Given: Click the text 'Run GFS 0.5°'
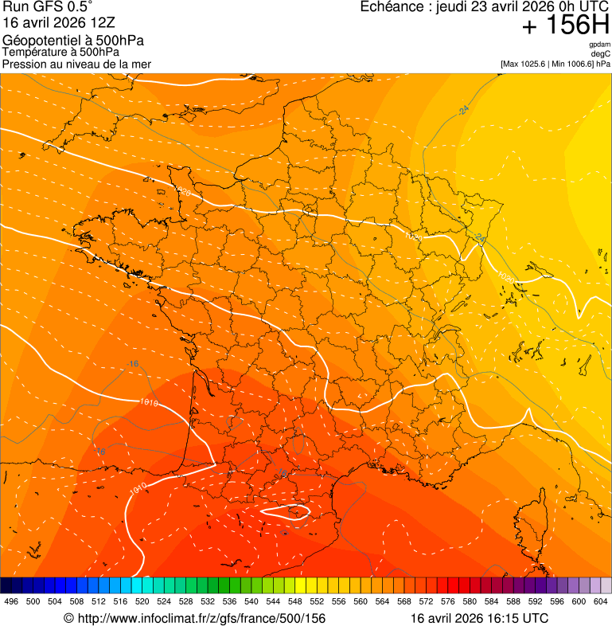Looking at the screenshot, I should (x=48, y=8).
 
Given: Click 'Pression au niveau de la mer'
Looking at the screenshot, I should (x=76, y=64).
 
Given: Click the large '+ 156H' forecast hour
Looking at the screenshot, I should (x=566, y=25).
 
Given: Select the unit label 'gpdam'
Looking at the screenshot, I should (x=599, y=45).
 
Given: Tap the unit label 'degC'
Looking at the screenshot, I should (x=601, y=53).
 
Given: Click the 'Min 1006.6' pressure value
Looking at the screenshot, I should (x=572, y=64).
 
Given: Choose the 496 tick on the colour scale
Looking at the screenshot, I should (x=11, y=601).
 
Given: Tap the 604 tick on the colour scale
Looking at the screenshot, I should (x=601, y=601).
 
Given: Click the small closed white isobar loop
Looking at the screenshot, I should (x=286, y=512).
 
